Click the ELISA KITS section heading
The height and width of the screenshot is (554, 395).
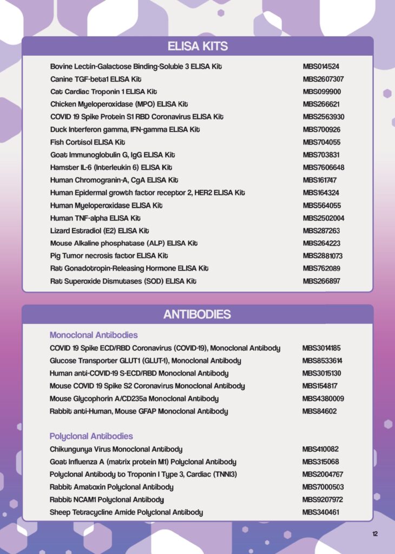click(x=198, y=46)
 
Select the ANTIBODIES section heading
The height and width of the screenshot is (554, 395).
click(x=198, y=314)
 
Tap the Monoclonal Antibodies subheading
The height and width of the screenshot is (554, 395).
click(x=94, y=335)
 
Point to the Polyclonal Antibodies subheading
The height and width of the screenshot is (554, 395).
click(x=91, y=436)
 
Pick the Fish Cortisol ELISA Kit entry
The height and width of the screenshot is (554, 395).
click(x=88, y=142)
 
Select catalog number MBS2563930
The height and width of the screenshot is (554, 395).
click(x=324, y=117)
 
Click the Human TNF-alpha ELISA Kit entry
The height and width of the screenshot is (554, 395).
click(x=95, y=218)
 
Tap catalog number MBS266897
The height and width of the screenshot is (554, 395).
click(x=321, y=281)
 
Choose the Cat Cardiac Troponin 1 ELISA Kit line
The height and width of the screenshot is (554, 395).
click(x=104, y=92)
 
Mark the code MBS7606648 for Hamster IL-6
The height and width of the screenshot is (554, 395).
click(x=324, y=168)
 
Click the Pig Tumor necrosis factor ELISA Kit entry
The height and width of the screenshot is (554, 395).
click(x=109, y=256)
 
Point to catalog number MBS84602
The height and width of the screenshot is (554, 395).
click(x=319, y=411)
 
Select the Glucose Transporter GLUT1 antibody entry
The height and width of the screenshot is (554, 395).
click(x=146, y=361)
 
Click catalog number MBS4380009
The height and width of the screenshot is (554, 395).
click(x=324, y=399)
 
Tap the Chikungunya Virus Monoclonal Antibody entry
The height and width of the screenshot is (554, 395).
click(x=116, y=450)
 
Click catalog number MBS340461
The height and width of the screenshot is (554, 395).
click(x=321, y=512)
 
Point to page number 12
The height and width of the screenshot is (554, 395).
click(x=375, y=534)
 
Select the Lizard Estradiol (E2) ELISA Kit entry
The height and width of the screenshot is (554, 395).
click(x=99, y=231)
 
